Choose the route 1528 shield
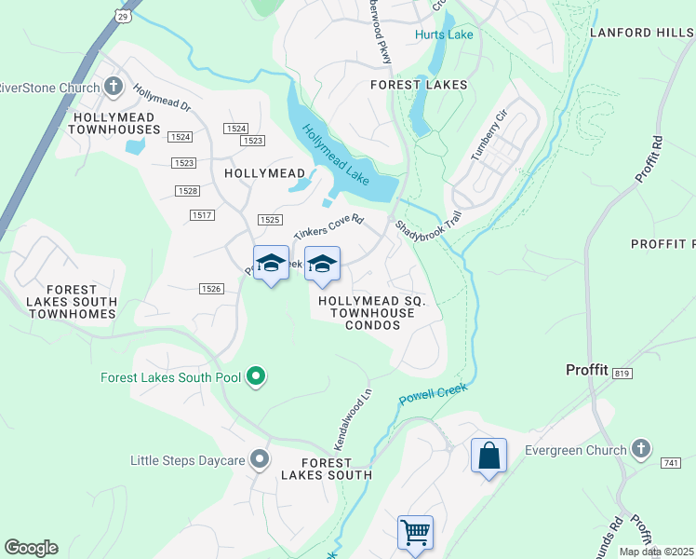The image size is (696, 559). tap(188, 191)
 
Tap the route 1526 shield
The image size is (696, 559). tap(211, 289)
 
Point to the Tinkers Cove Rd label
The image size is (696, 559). tap(328, 228)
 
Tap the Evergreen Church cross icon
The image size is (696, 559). tap(640, 450)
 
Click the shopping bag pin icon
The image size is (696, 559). tap(489, 456)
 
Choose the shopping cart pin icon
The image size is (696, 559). tap(415, 534)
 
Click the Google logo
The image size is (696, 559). tap(31, 548)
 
